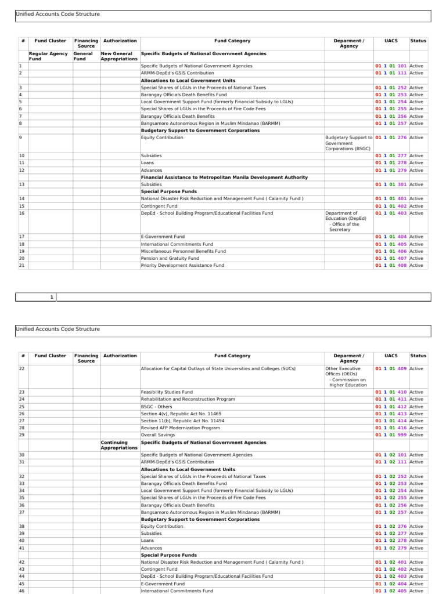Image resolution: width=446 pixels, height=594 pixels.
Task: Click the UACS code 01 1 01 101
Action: (x=391, y=66)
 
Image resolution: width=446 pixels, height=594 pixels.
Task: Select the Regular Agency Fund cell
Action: (x=48, y=56)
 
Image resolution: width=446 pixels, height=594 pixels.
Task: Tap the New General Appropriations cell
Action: (x=119, y=56)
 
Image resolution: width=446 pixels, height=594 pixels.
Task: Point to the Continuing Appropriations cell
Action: (x=119, y=445)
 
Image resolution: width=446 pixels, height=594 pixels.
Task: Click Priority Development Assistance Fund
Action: (x=182, y=265)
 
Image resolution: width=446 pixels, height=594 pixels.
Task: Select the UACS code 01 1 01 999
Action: (x=391, y=434)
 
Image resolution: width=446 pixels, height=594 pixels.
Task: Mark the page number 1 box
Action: (x=52, y=297)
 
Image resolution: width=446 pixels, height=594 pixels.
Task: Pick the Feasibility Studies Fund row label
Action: (x=167, y=392)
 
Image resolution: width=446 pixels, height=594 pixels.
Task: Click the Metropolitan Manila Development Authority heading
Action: (x=224, y=177)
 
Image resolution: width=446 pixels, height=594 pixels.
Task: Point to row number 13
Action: (x=21, y=184)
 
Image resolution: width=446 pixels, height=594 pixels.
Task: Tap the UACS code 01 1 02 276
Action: (x=391, y=526)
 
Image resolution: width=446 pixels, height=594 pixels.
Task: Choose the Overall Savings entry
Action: (x=157, y=434)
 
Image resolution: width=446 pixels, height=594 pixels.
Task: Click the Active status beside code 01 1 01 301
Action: (x=416, y=184)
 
